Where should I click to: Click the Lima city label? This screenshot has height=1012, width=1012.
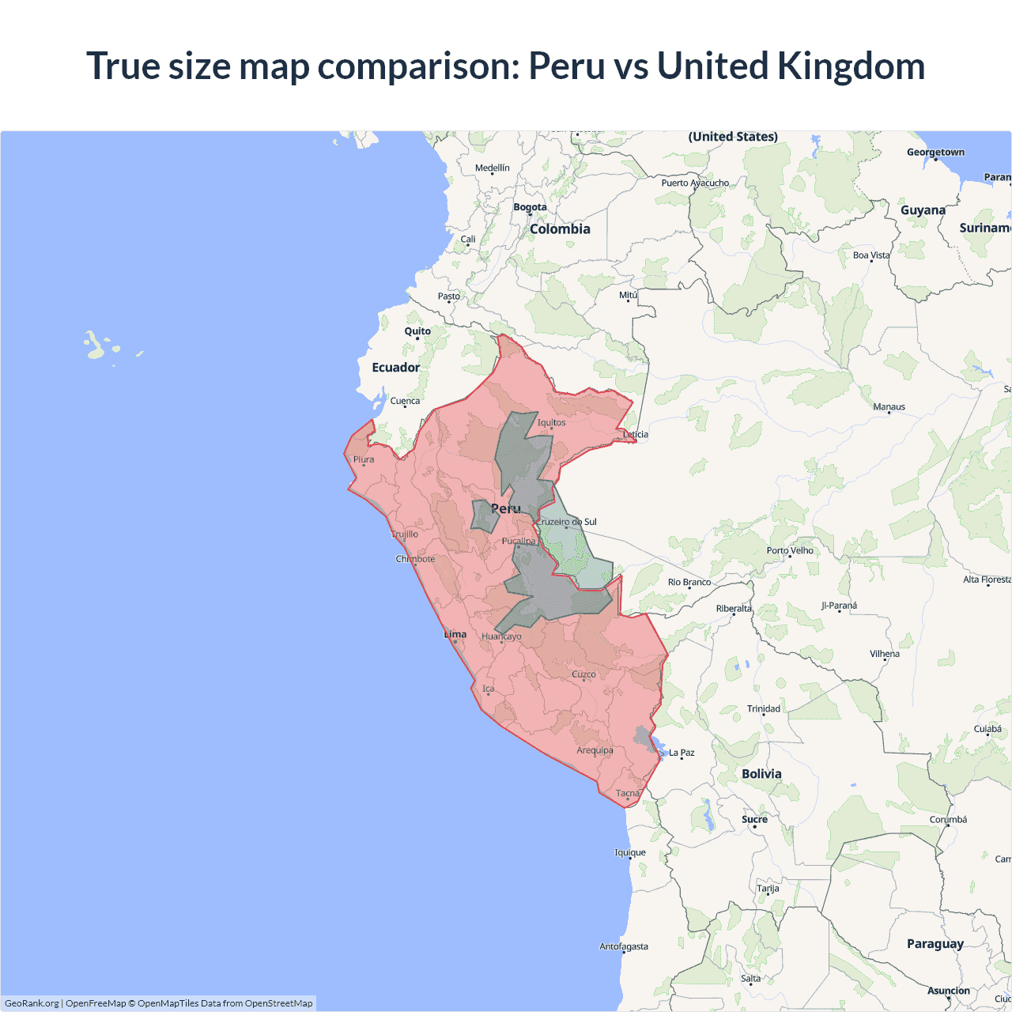point(455,634)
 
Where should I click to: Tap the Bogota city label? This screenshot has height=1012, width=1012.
point(530,207)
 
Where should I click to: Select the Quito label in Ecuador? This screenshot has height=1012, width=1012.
point(417,331)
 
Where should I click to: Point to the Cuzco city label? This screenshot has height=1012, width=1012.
point(583,674)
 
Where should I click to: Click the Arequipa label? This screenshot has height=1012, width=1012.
point(595,750)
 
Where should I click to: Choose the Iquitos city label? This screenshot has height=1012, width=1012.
point(551,422)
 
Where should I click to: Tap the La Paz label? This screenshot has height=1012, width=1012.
point(682,753)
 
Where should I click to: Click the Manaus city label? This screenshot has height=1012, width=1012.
point(889,407)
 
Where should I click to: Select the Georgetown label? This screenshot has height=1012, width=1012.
point(935,152)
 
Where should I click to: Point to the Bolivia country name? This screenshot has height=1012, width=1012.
point(761,774)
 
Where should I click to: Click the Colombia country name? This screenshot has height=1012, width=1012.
point(560,228)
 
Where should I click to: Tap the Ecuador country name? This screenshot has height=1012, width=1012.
point(396,367)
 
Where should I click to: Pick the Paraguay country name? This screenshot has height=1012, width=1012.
point(935,943)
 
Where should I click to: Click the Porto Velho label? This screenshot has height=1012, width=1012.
point(790,550)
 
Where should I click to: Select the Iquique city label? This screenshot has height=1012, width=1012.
point(630,852)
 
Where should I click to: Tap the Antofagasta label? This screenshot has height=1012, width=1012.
point(624,946)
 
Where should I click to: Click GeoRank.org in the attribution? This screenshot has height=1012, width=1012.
point(32,1003)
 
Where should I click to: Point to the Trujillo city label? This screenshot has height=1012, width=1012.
point(405,534)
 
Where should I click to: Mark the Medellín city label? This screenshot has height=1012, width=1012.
point(493,168)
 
